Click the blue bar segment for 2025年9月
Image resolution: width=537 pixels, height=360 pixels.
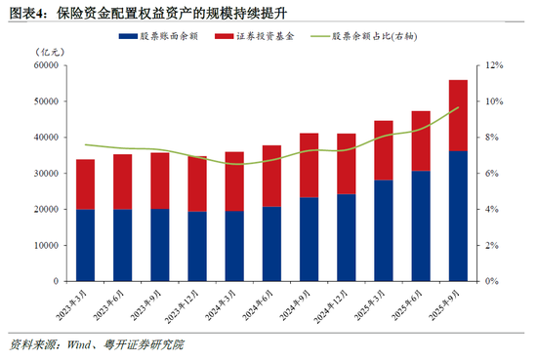coord(457,216)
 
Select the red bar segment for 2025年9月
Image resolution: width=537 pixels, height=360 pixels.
coord(457,115)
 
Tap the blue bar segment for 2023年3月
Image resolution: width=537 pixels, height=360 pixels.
coord(85,245)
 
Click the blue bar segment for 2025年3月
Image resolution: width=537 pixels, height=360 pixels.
coord(383,230)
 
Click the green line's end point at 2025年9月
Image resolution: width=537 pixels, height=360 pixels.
coord(457,107)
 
